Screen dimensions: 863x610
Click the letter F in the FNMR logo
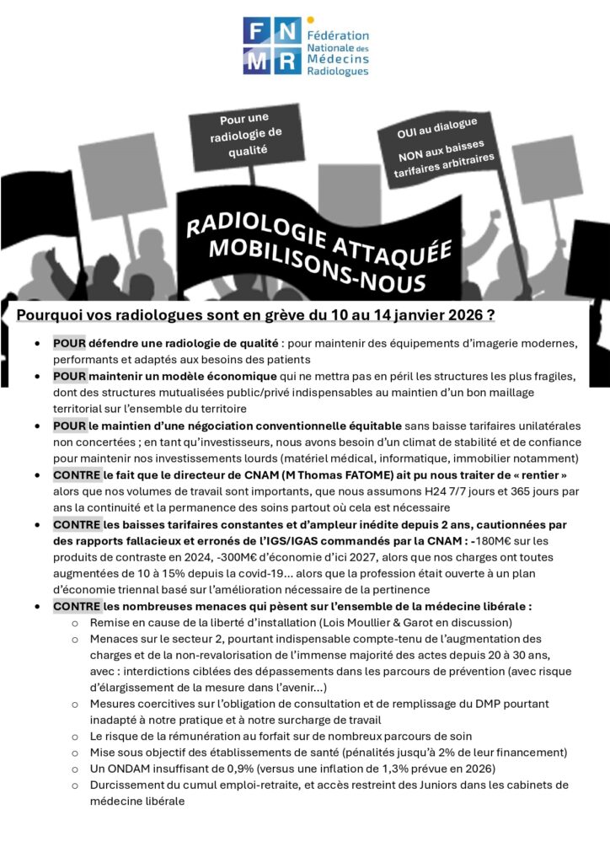tap(255, 31)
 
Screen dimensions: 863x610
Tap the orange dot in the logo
tap(311, 19)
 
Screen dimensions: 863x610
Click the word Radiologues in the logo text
tap(337, 72)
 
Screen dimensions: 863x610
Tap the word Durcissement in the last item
tap(130, 785)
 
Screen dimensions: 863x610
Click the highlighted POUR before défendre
tap(69, 343)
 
